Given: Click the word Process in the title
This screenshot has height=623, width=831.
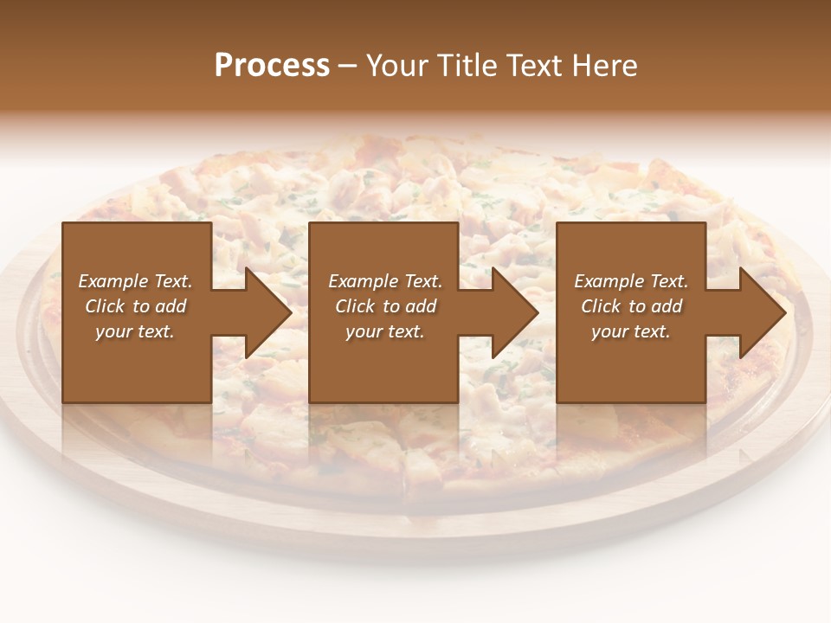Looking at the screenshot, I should tap(272, 66).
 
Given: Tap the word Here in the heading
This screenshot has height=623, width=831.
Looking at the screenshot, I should tap(603, 66).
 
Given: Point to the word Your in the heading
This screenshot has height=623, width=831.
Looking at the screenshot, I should tap(397, 66).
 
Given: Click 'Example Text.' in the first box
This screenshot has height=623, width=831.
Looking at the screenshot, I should tap(136, 281).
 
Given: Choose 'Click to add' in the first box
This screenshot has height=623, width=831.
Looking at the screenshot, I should tap(136, 306).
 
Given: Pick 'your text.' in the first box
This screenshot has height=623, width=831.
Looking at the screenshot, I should tap(136, 331).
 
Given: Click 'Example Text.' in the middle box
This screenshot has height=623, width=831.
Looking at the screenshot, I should tap(385, 281).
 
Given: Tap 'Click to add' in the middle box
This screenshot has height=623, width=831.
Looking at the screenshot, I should tap(385, 306).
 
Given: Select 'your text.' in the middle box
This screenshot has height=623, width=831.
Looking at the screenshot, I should tap(385, 331).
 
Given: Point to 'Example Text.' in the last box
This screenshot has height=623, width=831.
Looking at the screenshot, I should tap(631, 281).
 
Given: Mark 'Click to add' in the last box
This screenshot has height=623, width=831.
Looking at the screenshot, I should tap(631, 306).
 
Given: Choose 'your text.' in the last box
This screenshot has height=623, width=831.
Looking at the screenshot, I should tap(631, 331).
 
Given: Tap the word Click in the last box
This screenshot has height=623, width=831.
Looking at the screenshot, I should tap(601, 306).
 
